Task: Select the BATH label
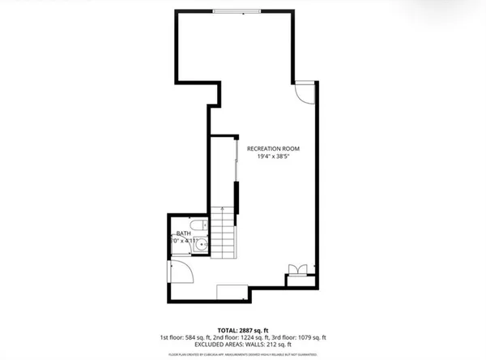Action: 185,234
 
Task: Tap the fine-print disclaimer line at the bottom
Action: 243,355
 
